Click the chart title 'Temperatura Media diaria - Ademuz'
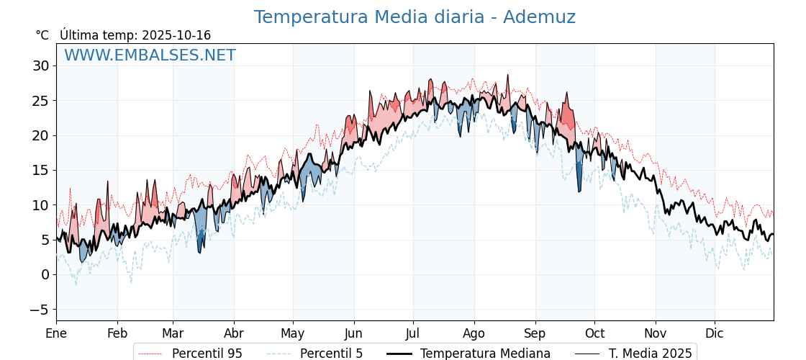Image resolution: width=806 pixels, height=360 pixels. (415, 17)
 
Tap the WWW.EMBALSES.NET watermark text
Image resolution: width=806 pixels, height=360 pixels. (150, 55)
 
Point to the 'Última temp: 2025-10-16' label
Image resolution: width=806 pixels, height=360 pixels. (135, 35)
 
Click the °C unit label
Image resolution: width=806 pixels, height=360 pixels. (42, 35)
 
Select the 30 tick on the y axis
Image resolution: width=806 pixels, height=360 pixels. (40, 66)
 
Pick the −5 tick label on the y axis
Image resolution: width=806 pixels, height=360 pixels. (40, 310)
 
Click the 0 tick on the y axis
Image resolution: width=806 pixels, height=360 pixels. (45, 275)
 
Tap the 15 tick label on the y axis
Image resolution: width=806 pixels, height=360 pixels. (40, 171)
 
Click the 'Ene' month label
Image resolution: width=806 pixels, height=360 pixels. (56, 333)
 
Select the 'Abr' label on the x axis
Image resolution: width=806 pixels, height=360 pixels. (234, 333)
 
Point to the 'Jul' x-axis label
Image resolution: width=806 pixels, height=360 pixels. (413, 333)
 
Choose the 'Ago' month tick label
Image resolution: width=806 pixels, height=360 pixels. (474, 333)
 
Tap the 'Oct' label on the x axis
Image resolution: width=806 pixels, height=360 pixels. (594, 333)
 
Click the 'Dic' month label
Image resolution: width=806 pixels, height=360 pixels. (715, 333)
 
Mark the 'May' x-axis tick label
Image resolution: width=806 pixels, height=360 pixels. (293, 333)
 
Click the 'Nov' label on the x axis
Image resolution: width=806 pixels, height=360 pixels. (656, 333)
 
